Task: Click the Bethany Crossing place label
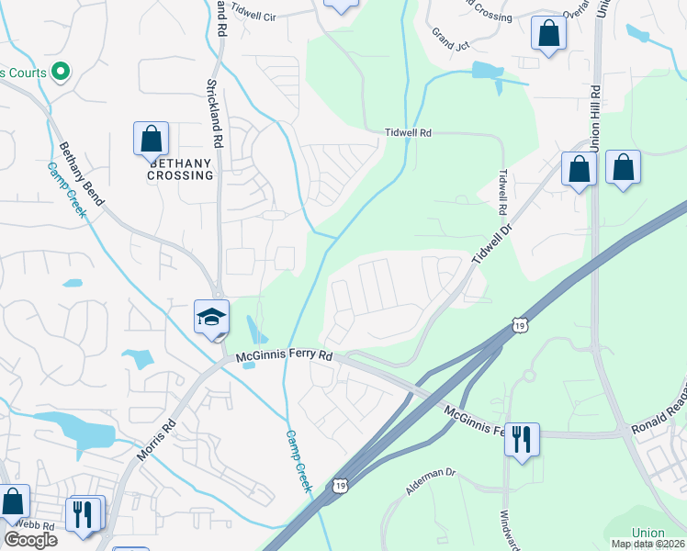pyautogui.click(x=180, y=169)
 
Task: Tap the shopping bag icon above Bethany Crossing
pyautogui.click(x=152, y=139)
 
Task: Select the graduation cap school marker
pyautogui.click(x=211, y=318)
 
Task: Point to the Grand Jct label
pyautogui.click(x=450, y=38)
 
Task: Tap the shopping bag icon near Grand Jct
pyautogui.click(x=548, y=34)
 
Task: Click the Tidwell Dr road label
pyautogui.click(x=490, y=242)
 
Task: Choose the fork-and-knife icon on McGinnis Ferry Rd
pyautogui.click(x=522, y=440)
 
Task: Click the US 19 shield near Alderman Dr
pyautogui.click(x=340, y=484)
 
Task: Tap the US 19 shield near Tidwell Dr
pyautogui.click(x=520, y=326)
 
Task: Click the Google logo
pyautogui.click(x=30, y=539)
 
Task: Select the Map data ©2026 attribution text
pyautogui.click(x=648, y=544)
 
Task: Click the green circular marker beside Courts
pyautogui.click(x=61, y=71)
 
